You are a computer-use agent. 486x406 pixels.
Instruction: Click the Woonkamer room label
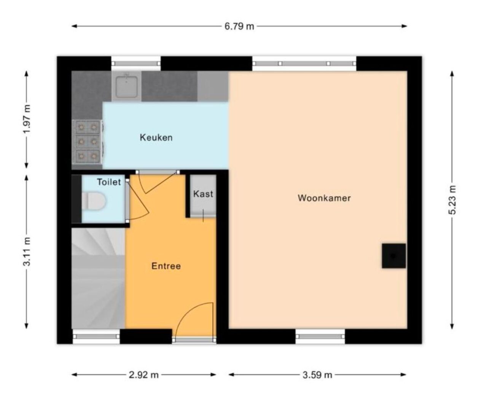pyautogui.click(x=324, y=198)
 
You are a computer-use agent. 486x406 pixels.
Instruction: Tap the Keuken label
pyautogui.click(x=156, y=138)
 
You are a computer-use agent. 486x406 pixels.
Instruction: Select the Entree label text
pyautogui.click(x=166, y=266)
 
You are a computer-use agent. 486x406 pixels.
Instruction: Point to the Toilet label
pyautogui.click(x=109, y=182)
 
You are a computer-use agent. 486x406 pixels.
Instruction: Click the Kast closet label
pyautogui.click(x=203, y=194)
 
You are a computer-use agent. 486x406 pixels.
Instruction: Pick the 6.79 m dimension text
pyautogui.click(x=239, y=26)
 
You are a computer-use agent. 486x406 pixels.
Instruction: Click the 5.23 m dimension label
pyautogui.click(x=452, y=199)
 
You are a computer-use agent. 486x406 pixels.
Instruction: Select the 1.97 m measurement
pyautogui.click(x=27, y=119)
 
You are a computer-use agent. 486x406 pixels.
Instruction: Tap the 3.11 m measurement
pyautogui.click(x=27, y=252)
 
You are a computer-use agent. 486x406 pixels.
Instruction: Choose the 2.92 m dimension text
pyautogui.click(x=143, y=374)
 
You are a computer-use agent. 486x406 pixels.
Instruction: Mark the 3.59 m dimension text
pyautogui.click(x=317, y=374)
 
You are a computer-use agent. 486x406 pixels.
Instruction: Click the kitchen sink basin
pyautogui.click(x=126, y=86)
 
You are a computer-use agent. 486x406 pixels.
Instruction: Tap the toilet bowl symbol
pyautogui.click(x=94, y=201)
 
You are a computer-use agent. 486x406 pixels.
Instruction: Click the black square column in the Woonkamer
pyautogui.click(x=394, y=256)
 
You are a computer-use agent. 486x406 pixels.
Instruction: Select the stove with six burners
pyautogui.click(x=87, y=142)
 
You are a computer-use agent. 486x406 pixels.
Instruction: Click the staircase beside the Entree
pyautogui.click(x=98, y=278)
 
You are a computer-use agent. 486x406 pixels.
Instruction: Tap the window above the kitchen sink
pyautogui.click(x=136, y=63)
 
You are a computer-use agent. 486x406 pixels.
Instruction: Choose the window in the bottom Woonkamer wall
pyautogui.click(x=320, y=336)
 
